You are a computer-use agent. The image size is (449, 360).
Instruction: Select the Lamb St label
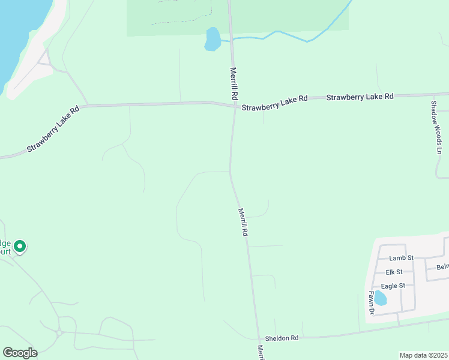click(x=402, y=258)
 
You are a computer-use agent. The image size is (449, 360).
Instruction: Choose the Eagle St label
click(x=393, y=286)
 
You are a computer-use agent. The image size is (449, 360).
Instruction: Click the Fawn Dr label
click(x=372, y=303)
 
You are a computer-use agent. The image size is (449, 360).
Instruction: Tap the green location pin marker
click(x=19, y=247)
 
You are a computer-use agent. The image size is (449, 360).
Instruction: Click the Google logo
click(x=20, y=353)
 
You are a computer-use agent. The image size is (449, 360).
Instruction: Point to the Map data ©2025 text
click(x=423, y=355)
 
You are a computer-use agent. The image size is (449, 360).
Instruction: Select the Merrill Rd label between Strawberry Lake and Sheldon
click(x=243, y=221)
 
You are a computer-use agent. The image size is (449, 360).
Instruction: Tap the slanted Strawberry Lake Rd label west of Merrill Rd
click(x=54, y=130)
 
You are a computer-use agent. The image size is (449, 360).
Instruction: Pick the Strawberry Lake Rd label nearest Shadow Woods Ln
click(x=360, y=97)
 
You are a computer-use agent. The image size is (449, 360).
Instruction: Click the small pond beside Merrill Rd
click(x=212, y=39)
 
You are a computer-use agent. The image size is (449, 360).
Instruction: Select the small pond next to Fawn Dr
click(x=379, y=298)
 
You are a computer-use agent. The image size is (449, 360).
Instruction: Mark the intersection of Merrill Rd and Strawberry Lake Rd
click(x=234, y=107)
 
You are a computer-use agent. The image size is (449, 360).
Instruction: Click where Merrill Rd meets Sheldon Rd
click(x=259, y=338)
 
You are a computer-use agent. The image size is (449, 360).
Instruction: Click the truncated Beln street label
click(x=442, y=266)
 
